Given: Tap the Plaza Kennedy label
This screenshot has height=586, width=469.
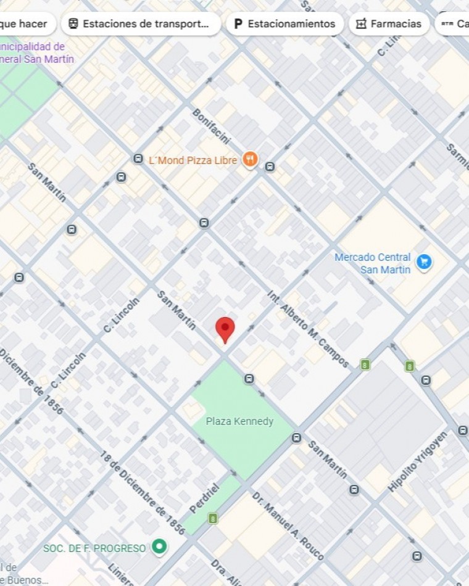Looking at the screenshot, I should click(x=239, y=421).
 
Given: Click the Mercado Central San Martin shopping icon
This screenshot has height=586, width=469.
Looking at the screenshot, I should click(x=423, y=262).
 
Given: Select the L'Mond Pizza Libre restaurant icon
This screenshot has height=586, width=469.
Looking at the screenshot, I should click(x=249, y=160).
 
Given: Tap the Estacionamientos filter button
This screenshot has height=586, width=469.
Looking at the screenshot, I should click(x=284, y=24).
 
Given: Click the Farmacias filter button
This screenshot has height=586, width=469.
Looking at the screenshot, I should click(x=389, y=24).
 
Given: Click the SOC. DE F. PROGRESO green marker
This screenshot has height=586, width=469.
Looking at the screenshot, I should click(x=160, y=547).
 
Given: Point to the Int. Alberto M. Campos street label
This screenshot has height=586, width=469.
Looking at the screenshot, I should click(x=308, y=329).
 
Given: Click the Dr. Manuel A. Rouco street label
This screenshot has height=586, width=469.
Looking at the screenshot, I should click(x=288, y=526).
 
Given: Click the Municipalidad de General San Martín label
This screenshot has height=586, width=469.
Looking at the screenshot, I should click(x=37, y=52).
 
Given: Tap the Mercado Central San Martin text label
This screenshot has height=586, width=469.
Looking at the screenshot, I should click(x=373, y=263).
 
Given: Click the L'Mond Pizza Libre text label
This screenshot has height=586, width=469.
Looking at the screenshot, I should click(x=193, y=160).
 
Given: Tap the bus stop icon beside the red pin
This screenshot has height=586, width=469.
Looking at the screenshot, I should click(x=249, y=379).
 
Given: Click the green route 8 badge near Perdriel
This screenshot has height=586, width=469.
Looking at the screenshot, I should click(x=213, y=518).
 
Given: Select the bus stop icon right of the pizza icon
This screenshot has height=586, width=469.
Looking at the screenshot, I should click(x=270, y=166).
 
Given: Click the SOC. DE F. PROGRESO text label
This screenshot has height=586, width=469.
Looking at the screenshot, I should click(x=94, y=548).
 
